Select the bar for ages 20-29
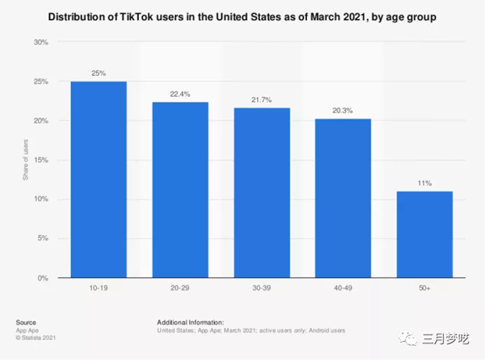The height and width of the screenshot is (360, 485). pos(180,190)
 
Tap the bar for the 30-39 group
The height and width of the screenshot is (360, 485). pos(262,193)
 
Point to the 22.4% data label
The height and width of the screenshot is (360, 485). pos(180,94)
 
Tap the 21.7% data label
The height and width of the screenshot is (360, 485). pos(262,99)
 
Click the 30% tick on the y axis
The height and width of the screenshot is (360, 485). pos(42,42)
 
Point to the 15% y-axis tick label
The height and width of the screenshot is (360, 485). pos(42,160)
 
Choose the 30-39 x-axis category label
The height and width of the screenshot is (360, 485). pos(262,290)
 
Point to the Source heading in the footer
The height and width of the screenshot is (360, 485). pos(25,321)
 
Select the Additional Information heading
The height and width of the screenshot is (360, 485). pos(190,321)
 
